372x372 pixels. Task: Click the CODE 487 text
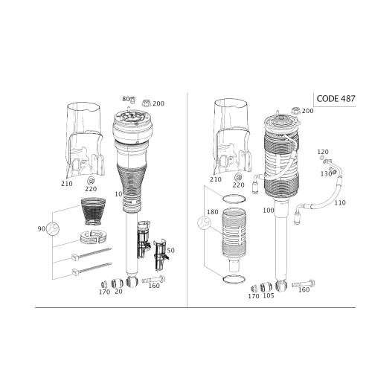(x=336, y=99)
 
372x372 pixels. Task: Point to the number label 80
(x=126, y=99)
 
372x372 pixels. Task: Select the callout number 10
(x=118, y=194)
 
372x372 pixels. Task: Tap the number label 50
(x=171, y=251)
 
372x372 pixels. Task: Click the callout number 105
(x=269, y=295)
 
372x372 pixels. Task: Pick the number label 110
(x=340, y=203)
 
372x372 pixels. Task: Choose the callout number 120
(x=323, y=152)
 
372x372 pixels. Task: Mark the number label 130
(x=326, y=174)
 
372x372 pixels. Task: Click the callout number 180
(x=213, y=212)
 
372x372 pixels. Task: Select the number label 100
(x=269, y=211)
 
